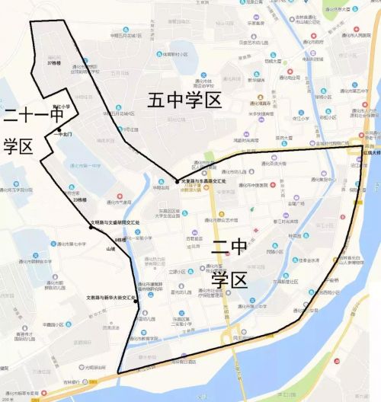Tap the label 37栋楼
53,63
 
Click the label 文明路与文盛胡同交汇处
116,222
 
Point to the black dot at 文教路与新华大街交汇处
136,301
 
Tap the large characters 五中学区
185,100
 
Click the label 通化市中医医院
269,183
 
